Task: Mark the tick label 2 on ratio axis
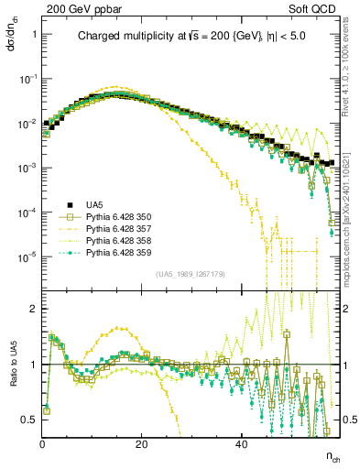[33, 309]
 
